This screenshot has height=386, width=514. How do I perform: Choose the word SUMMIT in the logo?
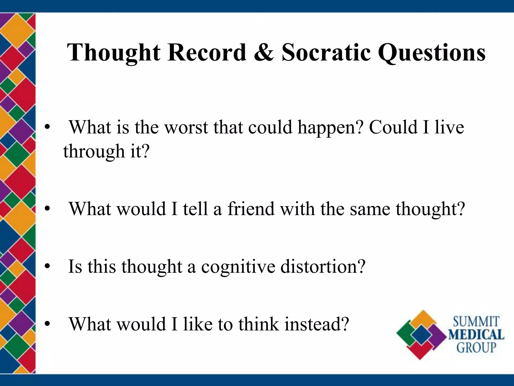(476, 322)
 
